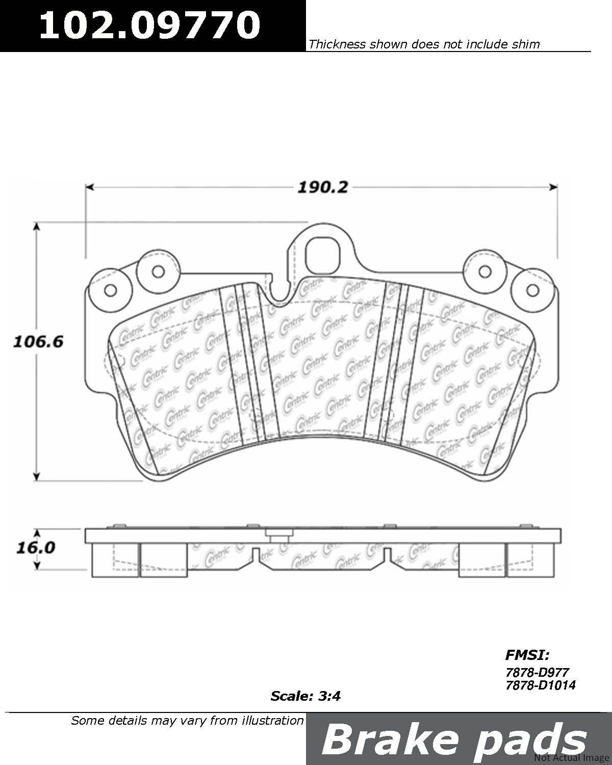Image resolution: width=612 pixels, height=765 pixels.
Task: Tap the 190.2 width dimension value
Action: click(x=322, y=187)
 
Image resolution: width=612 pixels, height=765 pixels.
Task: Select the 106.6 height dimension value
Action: click(x=38, y=342)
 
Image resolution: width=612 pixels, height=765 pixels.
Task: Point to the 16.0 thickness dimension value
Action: click(x=36, y=548)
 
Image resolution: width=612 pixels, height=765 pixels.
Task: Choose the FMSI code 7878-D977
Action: click(x=537, y=672)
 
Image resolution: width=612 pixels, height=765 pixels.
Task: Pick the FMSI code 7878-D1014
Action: click(x=540, y=684)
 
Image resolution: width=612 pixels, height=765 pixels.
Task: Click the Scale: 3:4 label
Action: click(x=305, y=696)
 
